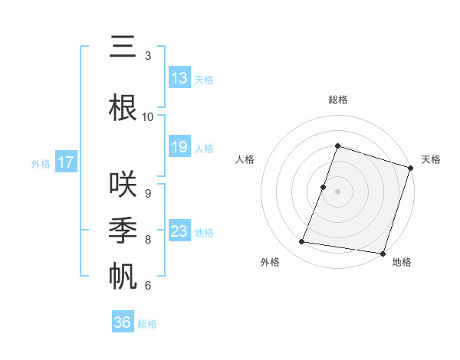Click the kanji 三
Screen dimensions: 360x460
(122, 47)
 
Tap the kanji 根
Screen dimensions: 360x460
(122, 106)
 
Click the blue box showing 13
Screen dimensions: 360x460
(179, 77)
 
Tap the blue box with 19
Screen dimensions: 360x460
(179, 147)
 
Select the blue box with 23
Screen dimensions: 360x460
(179, 231)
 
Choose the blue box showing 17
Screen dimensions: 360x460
(65, 162)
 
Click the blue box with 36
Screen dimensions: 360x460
(123, 322)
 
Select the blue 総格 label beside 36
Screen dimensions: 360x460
(147, 324)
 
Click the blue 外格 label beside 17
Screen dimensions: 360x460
(40, 163)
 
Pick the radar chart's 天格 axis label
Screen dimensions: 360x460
(431, 159)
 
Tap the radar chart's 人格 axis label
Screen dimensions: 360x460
(245, 159)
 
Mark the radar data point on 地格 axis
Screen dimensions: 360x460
(382, 253)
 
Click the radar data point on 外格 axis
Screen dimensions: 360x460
(302, 242)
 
